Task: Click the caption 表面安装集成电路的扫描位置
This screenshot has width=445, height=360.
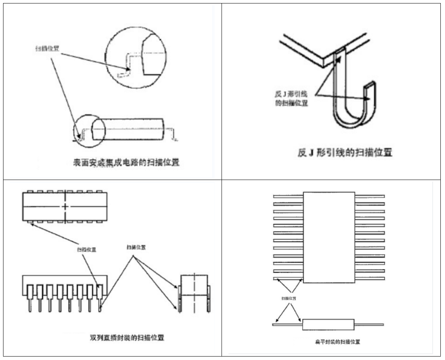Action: (x=127, y=163)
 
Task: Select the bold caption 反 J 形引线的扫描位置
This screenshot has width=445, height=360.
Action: (x=345, y=152)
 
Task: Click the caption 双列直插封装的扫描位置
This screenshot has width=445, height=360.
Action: (x=127, y=338)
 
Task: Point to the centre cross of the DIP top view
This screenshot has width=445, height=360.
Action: (x=66, y=207)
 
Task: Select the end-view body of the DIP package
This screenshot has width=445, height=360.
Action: (x=194, y=285)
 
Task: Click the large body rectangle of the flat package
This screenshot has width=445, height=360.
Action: (x=329, y=237)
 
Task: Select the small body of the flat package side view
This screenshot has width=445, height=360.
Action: (x=328, y=325)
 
